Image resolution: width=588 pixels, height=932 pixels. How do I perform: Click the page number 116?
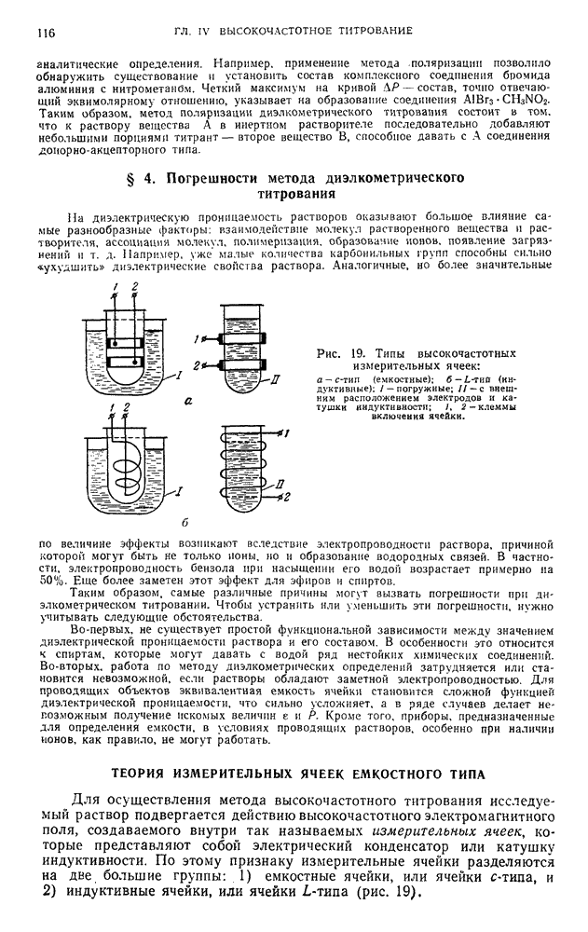[44, 32]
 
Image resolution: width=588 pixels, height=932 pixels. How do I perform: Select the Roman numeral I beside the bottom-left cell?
[178, 490]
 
